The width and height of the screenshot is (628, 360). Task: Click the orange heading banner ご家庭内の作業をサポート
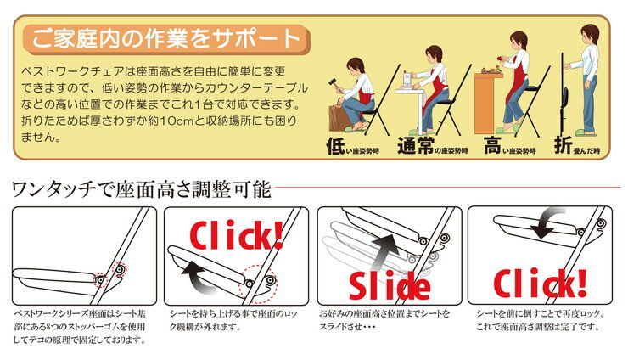[166, 39]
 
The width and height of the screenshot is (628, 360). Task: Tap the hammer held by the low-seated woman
[334, 84]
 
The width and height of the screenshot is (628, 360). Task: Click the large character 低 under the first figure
[335, 146]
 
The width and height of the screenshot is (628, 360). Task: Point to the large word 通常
[415, 145]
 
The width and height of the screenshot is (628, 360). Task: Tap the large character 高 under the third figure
[492, 145]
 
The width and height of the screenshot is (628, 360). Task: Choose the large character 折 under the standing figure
[564, 145]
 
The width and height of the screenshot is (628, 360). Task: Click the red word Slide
[390, 285]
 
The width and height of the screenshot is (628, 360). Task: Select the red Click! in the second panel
[236, 235]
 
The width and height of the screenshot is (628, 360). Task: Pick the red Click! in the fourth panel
[541, 283]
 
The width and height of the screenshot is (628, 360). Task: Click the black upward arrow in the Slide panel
[385, 251]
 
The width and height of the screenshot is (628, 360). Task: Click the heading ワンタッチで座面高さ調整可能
[142, 189]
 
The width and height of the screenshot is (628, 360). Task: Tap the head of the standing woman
[590, 35]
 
